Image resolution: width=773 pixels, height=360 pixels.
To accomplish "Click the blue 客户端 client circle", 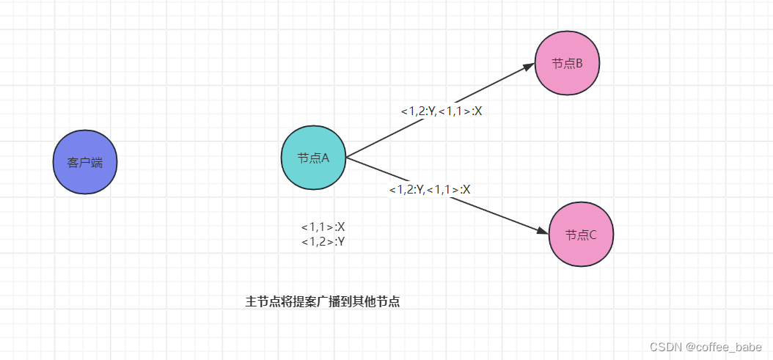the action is [x=85, y=162].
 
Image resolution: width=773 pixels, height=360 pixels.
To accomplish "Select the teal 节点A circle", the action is [x=313, y=158].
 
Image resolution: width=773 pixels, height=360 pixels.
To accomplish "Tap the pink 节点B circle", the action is [x=568, y=63].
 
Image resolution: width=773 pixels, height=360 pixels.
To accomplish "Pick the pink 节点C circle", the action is [x=581, y=235].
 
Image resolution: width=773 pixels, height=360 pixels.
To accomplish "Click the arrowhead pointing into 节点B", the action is [x=530, y=66].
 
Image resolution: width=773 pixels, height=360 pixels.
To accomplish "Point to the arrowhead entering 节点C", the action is [x=543, y=232].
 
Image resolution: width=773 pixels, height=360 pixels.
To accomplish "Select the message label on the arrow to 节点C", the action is [x=429, y=189].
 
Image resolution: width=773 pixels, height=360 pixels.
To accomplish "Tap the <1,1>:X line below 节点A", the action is [x=323, y=227].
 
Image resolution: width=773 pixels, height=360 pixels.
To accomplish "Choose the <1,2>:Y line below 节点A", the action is [x=323, y=240].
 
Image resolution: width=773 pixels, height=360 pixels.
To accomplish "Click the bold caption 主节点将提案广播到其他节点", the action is [x=322, y=301].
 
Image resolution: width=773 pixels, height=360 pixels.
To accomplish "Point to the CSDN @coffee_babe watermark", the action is [x=706, y=347].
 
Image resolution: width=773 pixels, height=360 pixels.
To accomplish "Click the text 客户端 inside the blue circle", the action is [x=85, y=163].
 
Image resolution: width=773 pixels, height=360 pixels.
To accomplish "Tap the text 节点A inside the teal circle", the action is [x=313, y=158].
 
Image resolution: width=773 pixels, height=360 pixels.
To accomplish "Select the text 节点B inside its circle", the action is [x=568, y=64].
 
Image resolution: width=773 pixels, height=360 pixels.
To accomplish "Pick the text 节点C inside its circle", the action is [x=581, y=235].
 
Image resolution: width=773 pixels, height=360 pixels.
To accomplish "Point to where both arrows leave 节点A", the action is [x=345, y=157].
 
